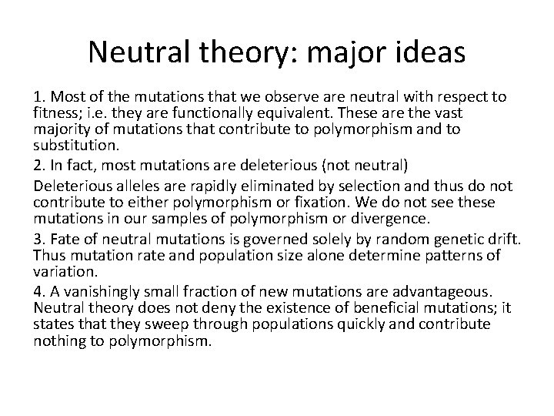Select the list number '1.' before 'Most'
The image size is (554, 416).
[39, 97]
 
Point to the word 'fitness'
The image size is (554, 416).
[55, 113]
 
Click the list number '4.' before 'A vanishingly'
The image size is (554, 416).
[39, 292]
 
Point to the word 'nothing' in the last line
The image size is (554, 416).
[59, 340]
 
